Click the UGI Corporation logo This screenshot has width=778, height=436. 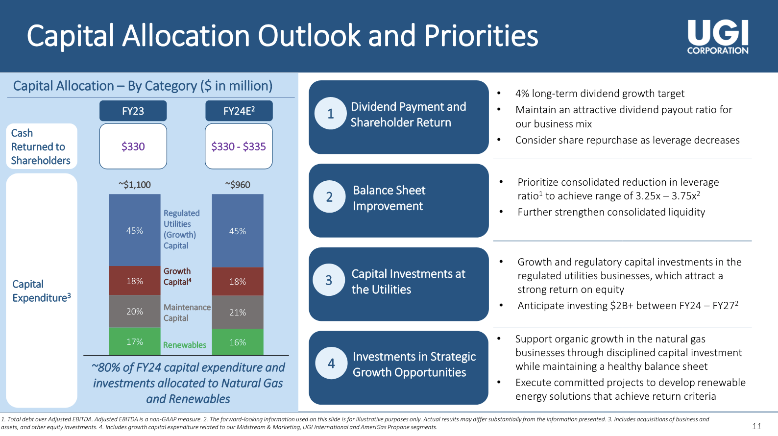(717, 37)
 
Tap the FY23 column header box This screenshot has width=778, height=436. (133, 111)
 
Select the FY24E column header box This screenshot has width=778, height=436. (239, 111)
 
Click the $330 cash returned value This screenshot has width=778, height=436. (133, 146)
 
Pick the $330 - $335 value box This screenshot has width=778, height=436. (239, 146)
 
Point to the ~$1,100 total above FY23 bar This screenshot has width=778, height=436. (134, 185)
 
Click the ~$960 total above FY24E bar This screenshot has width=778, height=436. (238, 185)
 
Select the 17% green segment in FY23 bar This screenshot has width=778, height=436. (134, 341)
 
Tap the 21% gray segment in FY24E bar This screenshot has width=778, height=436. (238, 312)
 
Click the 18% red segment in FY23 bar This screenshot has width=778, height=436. (134, 281)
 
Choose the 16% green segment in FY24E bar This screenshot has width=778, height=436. (238, 342)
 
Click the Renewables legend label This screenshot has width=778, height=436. (184, 345)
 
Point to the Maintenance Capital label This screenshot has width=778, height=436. (187, 313)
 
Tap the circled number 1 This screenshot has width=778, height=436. (331, 114)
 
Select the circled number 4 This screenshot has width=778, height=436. (332, 363)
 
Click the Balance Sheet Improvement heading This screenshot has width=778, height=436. (389, 198)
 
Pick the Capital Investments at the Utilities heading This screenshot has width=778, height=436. (408, 282)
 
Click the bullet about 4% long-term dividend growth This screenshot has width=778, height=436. (599, 94)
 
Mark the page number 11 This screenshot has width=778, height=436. (756, 426)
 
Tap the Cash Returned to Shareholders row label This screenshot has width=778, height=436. (40, 146)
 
